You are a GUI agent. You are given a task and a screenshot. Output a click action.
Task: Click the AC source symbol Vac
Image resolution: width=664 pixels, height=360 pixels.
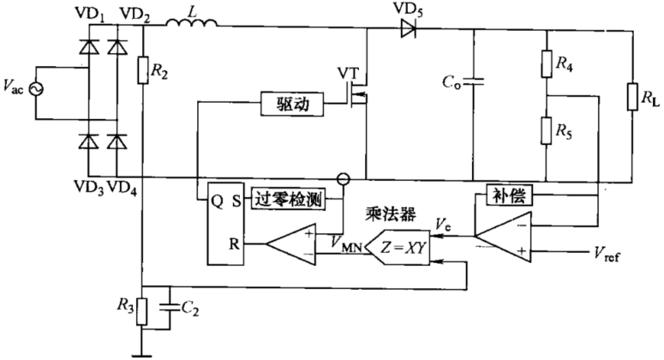point(37,88)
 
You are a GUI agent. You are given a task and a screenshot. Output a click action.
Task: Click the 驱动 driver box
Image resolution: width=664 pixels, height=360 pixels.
point(293,105)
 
